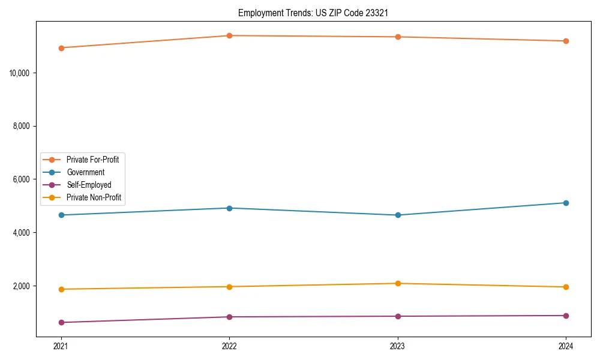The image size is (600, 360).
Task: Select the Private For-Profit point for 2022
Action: tap(229, 35)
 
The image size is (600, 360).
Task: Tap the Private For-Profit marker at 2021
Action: tap(61, 48)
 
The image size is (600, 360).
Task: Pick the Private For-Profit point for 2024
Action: tap(566, 41)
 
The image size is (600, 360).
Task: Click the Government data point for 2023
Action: tap(398, 215)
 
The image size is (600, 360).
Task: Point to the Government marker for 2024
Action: tap(566, 203)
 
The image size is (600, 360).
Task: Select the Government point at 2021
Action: tap(61, 215)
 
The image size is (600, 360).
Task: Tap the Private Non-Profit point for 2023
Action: tap(398, 283)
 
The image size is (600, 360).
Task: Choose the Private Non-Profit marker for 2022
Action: tap(229, 287)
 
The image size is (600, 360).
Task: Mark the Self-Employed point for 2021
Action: tap(61, 322)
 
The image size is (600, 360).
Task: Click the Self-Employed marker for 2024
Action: tap(566, 316)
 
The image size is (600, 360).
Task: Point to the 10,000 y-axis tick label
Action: tap(20, 73)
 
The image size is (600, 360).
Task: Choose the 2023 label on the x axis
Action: tap(398, 346)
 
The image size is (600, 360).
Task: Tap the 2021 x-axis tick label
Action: tap(61, 346)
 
